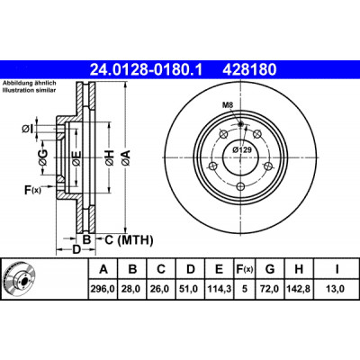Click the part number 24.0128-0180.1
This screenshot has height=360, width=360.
click(147, 69)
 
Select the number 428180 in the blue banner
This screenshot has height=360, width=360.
click(249, 69)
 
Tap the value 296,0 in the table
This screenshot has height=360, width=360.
click(103, 289)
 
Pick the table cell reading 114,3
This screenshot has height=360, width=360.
click(220, 289)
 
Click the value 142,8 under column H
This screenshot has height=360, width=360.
click(299, 289)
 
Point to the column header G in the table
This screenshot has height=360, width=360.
click(270, 269)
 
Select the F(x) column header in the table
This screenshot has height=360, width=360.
click(245, 269)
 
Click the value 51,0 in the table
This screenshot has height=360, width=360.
click(191, 289)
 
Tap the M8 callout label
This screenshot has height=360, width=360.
click(228, 105)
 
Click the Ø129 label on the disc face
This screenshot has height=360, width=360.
click(242, 149)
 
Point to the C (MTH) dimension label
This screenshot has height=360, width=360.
click(129, 239)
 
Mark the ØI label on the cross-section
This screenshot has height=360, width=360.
click(27, 129)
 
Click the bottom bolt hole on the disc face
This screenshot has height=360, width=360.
click(240, 186)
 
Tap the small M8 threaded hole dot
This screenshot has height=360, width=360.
click(240, 124)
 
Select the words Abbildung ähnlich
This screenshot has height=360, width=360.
click(30, 83)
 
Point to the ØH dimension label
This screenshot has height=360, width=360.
click(110, 157)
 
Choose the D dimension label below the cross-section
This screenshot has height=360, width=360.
click(76, 249)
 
